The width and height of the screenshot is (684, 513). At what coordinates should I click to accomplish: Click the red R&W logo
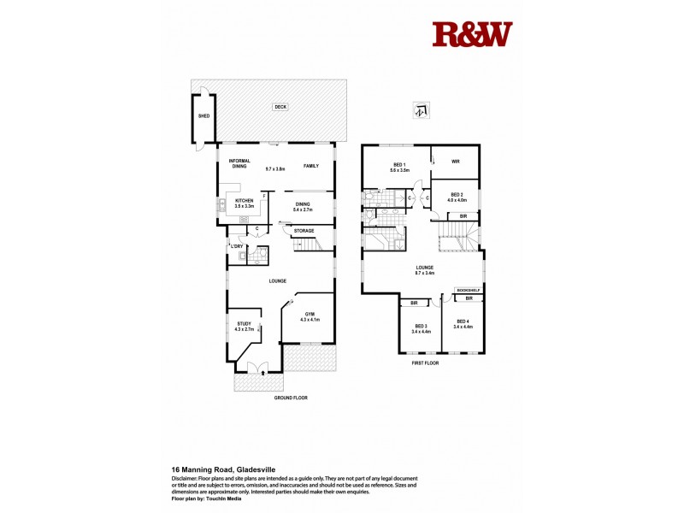point(472,35)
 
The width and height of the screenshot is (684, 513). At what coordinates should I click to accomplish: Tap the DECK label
point(280,107)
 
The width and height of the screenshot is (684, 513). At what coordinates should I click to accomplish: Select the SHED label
point(203,115)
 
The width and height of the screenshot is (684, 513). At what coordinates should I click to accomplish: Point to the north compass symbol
point(420,109)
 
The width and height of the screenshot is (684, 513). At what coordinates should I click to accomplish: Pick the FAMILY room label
point(311,166)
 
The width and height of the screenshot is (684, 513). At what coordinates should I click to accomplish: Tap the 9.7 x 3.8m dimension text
point(275,168)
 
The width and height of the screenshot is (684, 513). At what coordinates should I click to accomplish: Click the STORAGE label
point(304,231)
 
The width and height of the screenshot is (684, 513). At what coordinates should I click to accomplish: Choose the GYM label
point(310,314)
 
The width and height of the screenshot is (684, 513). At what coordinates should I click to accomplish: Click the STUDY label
point(244,323)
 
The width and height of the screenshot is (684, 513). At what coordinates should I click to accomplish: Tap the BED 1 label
point(399,164)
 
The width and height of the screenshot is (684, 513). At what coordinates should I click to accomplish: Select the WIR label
point(456,159)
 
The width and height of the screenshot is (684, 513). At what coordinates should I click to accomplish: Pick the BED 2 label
point(457,194)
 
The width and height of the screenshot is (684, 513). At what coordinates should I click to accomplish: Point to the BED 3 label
point(421,326)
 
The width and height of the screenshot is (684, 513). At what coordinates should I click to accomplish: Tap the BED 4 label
point(462,321)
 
